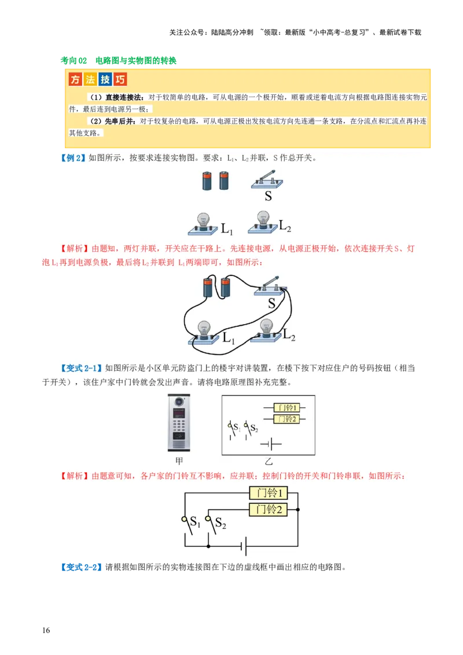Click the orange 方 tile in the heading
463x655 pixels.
[75, 80]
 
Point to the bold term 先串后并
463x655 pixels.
[120, 122]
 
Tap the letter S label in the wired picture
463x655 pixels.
[271, 303]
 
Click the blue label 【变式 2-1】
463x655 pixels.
[81, 368]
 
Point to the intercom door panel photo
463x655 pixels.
[179, 422]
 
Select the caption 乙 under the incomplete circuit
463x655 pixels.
[268, 461]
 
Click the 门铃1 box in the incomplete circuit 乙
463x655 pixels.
[286, 407]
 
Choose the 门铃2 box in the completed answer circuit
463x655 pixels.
[269, 509]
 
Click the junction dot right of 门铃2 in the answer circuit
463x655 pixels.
[298, 510]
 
